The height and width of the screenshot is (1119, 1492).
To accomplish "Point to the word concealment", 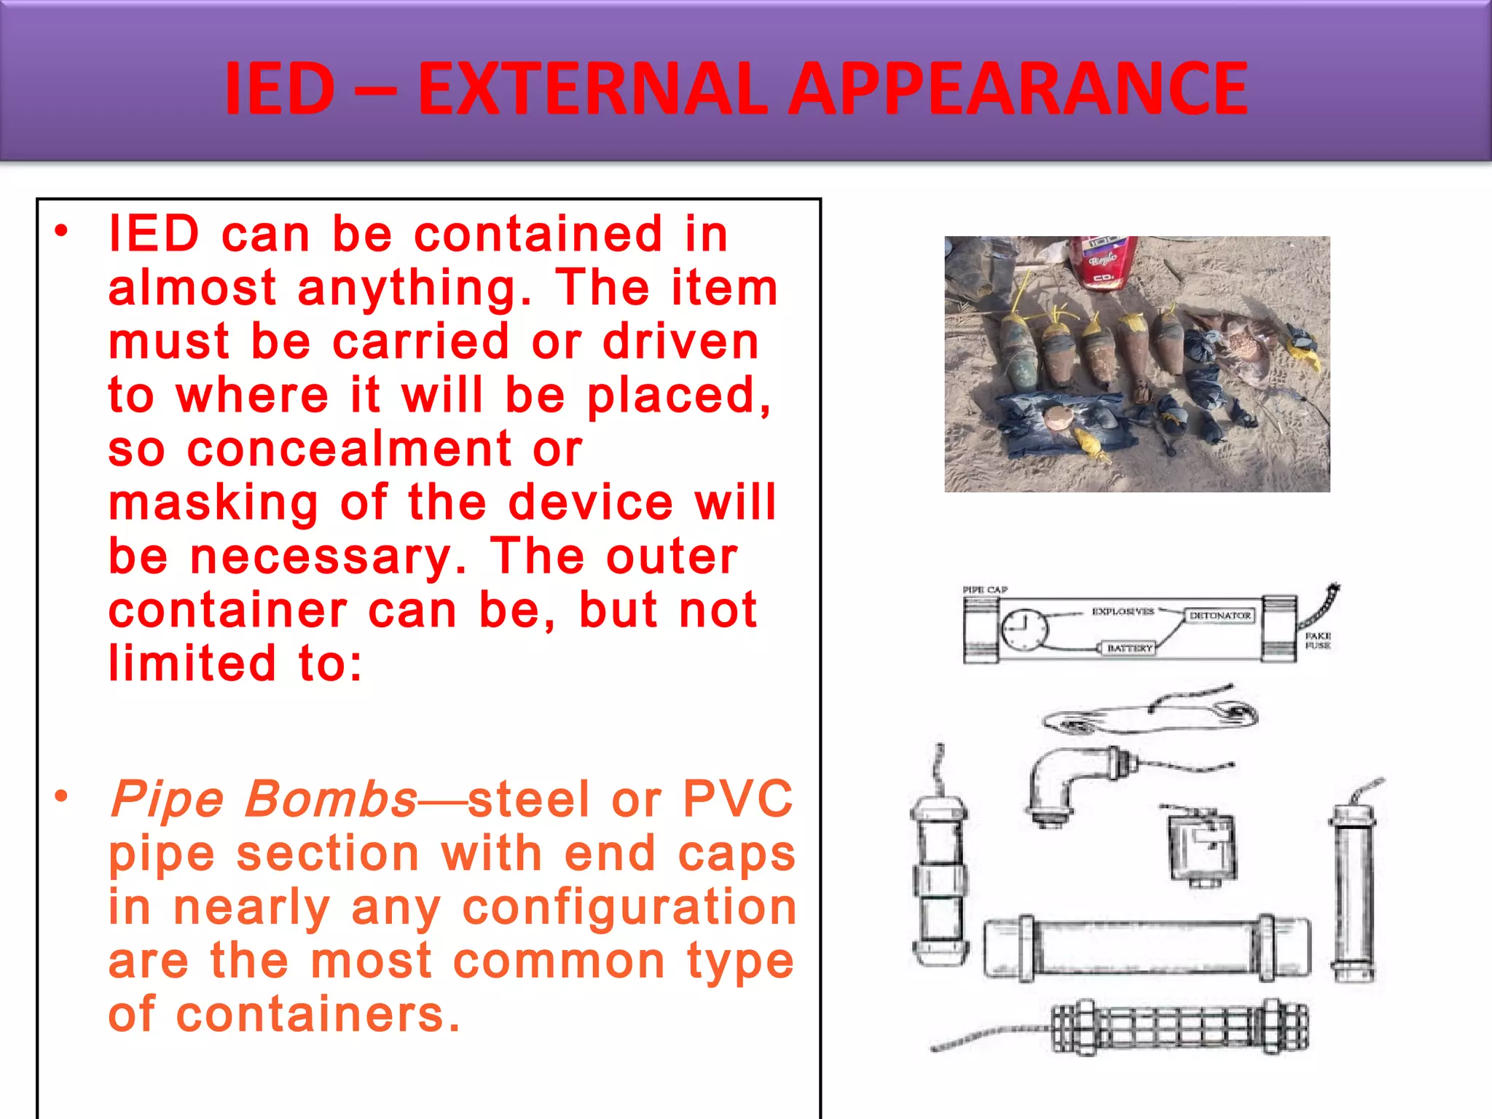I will [x=350, y=449].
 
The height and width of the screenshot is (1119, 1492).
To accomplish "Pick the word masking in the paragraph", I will [x=213, y=504].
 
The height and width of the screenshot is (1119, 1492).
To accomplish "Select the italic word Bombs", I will [x=331, y=799].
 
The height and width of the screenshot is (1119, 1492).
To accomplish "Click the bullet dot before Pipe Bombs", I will [x=61, y=796].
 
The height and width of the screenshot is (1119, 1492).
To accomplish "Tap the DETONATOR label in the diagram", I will [x=1220, y=616].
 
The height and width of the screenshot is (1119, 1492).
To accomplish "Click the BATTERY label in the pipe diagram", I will [x=1130, y=648].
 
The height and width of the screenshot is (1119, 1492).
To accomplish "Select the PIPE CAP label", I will [x=985, y=589].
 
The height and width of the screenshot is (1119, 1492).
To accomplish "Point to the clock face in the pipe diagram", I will [x=1024, y=629].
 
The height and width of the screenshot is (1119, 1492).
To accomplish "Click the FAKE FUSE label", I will [x=1317, y=640].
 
